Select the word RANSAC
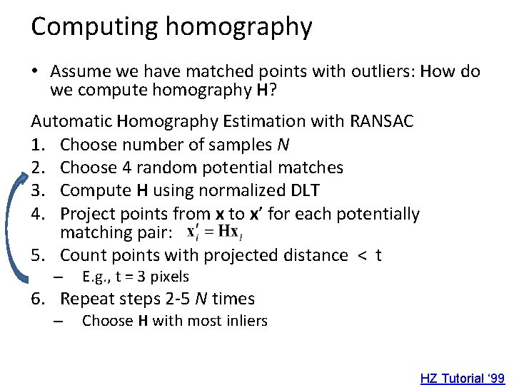click(382, 121)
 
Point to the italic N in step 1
click(283, 145)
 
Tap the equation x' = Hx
click(213, 232)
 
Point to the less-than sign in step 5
click(361, 255)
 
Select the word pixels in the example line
click(167, 277)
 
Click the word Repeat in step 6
click(85, 299)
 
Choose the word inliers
click(245, 321)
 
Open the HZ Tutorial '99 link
click(463, 378)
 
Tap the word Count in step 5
click(81, 255)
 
